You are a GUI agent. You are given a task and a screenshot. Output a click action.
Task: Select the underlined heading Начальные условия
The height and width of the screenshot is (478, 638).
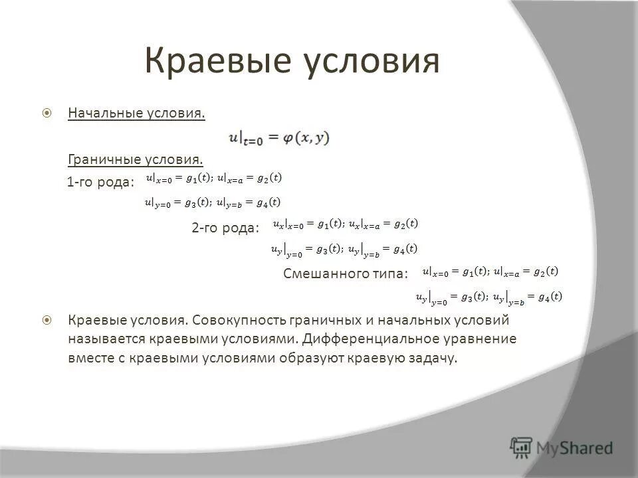tap(136, 114)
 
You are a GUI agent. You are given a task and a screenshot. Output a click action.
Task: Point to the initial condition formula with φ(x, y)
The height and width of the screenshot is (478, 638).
tap(279, 138)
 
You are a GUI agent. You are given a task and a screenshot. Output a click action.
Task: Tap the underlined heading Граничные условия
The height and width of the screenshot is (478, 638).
tap(135, 160)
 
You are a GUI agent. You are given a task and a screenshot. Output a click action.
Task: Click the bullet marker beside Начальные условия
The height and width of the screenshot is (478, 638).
tap(47, 114)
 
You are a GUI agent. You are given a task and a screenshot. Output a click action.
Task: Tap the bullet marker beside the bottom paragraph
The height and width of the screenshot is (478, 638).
tap(47, 321)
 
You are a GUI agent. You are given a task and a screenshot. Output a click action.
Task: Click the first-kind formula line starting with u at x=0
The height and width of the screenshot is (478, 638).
tap(213, 177)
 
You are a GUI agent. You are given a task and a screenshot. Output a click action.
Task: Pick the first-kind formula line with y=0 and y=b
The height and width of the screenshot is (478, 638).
tap(213, 202)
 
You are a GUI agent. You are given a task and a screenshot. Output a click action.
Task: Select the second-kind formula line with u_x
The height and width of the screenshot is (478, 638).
tap(346, 224)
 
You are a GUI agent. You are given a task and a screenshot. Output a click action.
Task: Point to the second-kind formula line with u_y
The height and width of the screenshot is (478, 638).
tap(344, 250)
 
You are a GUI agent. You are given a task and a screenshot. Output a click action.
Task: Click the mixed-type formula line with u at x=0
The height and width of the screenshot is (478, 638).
tap(490, 271)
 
